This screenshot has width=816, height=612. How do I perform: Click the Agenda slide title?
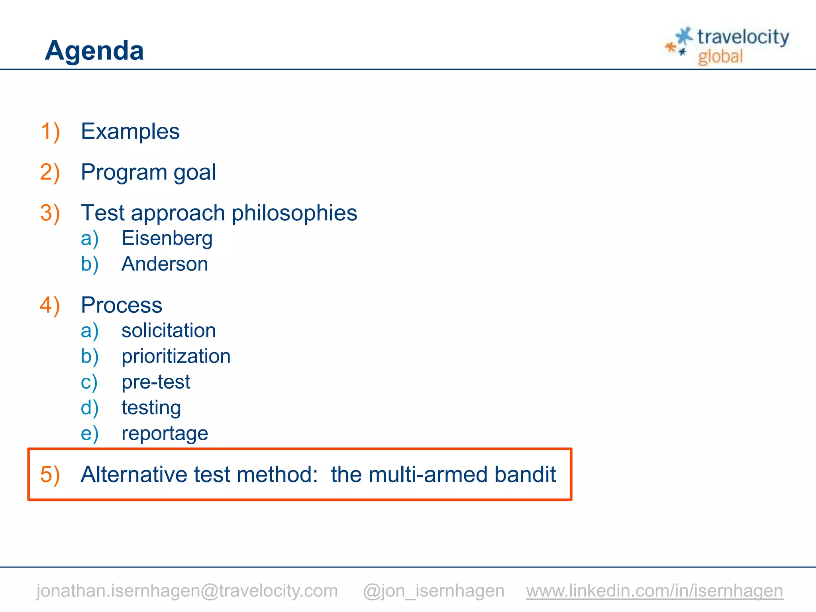pyautogui.click(x=94, y=51)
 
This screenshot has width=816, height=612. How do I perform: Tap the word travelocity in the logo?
pyautogui.click(x=743, y=37)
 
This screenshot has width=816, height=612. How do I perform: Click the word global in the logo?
pyautogui.click(x=720, y=57)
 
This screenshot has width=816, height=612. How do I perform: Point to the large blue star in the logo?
pyautogui.click(x=684, y=36)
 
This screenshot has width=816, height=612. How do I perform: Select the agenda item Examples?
pyautogui.click(x=130, y=131)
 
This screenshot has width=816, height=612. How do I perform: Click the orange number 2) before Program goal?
pyautogui.click(x=50, y=172)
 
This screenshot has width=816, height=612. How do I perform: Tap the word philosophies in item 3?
pyautogui.click(x=294, y=213)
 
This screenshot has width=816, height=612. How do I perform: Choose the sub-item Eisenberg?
pyautogui.click(x=167, y=238)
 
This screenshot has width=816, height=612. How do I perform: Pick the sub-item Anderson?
pyautogui.click(x=165, y=264)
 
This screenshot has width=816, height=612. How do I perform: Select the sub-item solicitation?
pyautogui.click(x=169, y=331)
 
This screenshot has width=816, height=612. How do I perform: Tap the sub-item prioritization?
pyautogui.click(x=176, y=356)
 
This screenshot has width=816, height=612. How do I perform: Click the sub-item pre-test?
pyautogui.click(x=156, y=382)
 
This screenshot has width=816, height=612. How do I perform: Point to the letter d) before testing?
pyautogui.click(x=90, y=408)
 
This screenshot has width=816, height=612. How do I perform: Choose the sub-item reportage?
pyautogui.click(x=165, y=433)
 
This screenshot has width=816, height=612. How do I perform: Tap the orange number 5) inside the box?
pyautogui.click(x=50, y=475)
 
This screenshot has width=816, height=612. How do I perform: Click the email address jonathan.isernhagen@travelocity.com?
pyautogui.click(x=187, y=590)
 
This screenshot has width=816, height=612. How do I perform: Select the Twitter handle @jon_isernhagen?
pyautogui.click(x=433, y=590)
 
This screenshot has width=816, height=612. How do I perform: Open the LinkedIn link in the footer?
pyautogui.click(x=654, y=590)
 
